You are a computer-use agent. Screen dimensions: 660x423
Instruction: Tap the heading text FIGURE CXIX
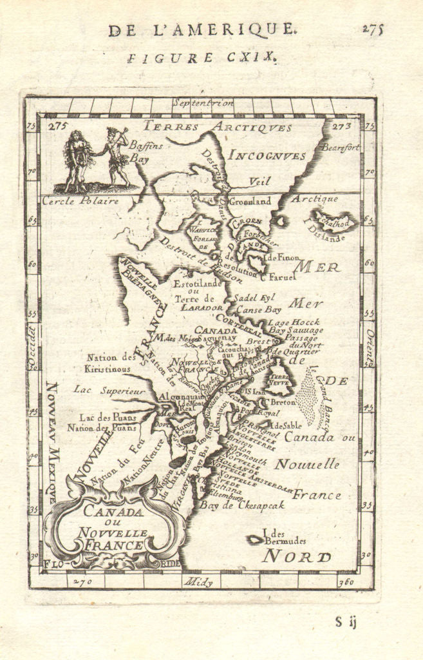point(202,57)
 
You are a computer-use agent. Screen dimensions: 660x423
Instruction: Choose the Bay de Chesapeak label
point(241,506)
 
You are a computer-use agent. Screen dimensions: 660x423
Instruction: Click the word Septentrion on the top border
point(202,102)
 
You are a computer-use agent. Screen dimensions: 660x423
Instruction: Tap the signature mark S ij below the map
point(346,622)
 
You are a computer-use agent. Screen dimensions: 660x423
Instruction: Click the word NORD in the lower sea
point(296,556)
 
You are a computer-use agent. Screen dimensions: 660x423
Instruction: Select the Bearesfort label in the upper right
point(341,148)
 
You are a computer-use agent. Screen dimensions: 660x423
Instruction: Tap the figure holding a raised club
point(115,158)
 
